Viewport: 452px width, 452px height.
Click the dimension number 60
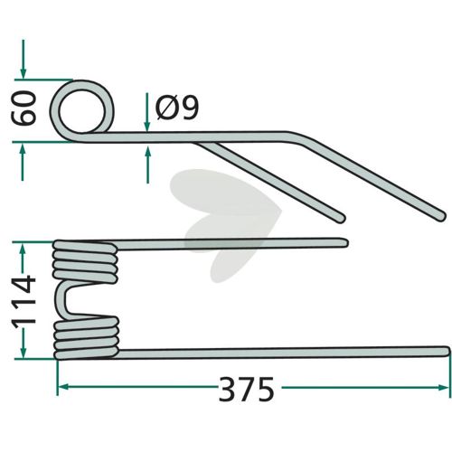pos(24,108)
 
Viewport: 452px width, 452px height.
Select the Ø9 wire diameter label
pos(177,108)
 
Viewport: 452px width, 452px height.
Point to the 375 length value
pos(246,389)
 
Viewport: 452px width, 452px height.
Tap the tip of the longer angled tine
pos(440,216)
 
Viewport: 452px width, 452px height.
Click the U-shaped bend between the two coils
pos(61,299)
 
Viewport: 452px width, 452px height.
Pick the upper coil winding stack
pos(85,261)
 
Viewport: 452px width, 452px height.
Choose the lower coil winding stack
pos(86,338)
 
